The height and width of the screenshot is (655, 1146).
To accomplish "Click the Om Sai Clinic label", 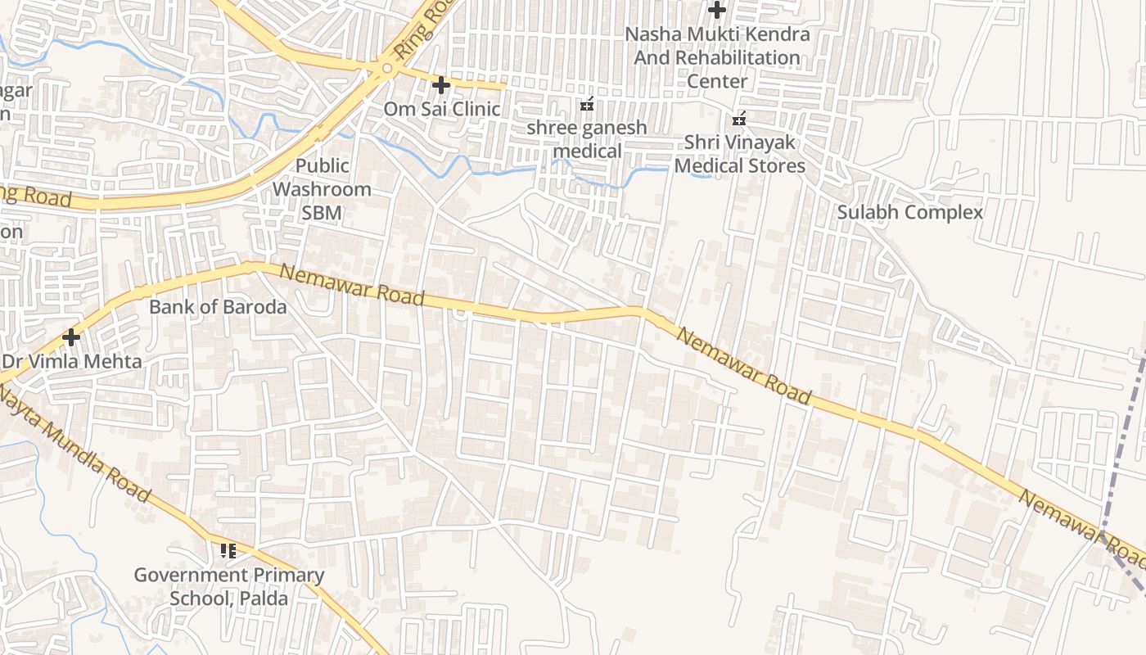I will point(442,109).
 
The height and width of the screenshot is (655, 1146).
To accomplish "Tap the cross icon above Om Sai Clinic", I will point(441,84).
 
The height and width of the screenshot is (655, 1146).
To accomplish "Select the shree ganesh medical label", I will point(587,139).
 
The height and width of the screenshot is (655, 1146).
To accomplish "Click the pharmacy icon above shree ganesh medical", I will point(587,105).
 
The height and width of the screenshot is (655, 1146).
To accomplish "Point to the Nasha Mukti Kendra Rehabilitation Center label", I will point(717,57).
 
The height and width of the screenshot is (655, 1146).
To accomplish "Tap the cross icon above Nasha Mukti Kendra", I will point(717,11).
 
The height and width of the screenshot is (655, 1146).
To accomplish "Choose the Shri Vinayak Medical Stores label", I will point(739,154).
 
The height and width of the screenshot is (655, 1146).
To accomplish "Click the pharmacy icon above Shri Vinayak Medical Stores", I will point(739,120).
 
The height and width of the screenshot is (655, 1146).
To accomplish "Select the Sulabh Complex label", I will point(909,212).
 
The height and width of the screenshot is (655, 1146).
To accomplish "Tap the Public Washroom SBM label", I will point(322,189).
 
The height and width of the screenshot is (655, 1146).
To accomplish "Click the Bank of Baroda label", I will point(218,307).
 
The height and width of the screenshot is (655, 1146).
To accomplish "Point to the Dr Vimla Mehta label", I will point(72,361).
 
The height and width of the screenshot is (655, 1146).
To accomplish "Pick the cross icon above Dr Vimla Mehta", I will point(71,337).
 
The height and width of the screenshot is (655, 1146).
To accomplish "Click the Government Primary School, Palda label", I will point(229,586).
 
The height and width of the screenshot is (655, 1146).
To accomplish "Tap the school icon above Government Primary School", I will point(228,551).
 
